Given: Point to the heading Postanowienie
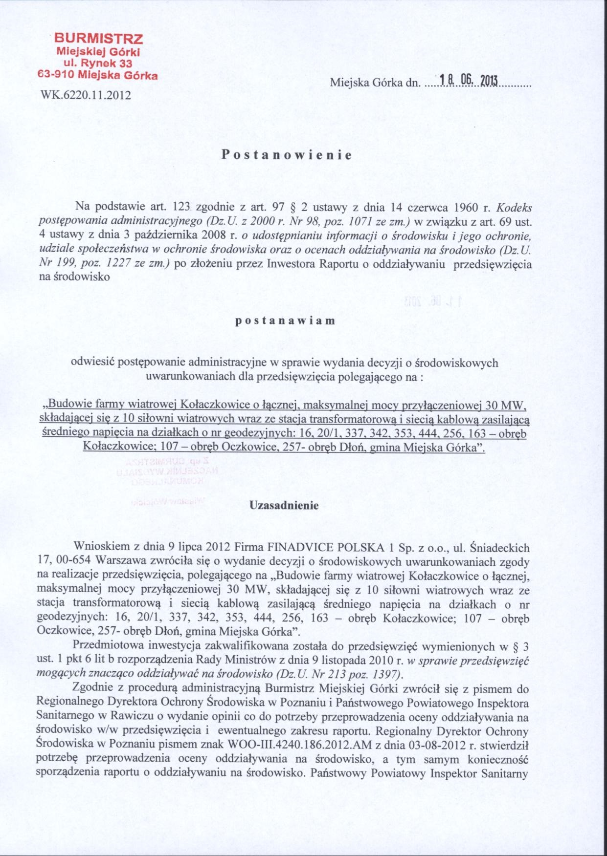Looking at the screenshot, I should [x=287, y=155].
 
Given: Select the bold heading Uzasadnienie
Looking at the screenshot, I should [x=284, y=505].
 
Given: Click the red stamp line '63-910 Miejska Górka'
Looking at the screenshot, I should [x=97, y=76].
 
